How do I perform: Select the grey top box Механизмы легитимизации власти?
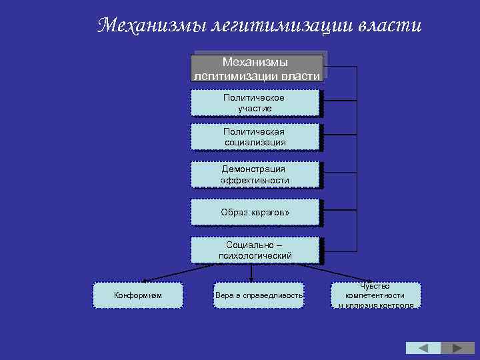click(257, 68)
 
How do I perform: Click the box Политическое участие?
click(255, 103)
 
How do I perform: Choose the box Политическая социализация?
click(255, 137)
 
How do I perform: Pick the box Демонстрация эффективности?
click(255, 175)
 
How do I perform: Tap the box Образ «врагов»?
click(255, 212)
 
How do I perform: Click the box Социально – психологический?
click(255, 250)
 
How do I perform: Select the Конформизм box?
click(138, 295)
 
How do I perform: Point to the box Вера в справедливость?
click(259, 295)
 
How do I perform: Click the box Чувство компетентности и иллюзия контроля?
click(376, 295)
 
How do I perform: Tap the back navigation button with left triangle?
click(423, 348)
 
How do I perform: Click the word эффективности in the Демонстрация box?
click(255, 180)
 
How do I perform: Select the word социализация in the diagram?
click(255, 142)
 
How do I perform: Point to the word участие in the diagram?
click(255, 108)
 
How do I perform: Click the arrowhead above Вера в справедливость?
click(251, 280)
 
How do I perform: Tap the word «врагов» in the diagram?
click(271, 212)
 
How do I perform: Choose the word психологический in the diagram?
click(255, 255)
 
